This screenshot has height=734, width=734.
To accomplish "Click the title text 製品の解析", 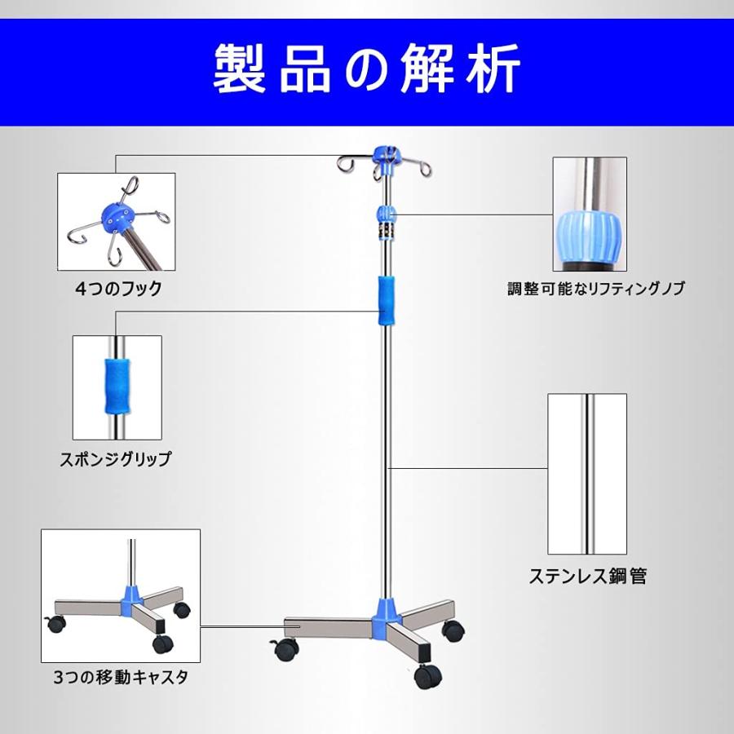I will [367, 72].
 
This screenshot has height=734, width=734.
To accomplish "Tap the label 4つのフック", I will [119, 288].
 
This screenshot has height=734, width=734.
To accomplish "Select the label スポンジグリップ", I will [115, 459].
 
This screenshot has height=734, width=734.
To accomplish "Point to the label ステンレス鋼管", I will [587, 576].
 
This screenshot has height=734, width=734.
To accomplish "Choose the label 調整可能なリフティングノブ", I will [596, 289].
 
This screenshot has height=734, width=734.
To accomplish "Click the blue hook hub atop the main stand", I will [385, 156].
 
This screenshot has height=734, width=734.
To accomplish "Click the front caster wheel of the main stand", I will [427, 676].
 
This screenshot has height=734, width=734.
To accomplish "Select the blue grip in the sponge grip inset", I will [117, 386].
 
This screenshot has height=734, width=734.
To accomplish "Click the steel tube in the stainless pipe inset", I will [587, 473].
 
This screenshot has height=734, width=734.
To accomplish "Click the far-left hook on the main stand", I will [343, 164].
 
